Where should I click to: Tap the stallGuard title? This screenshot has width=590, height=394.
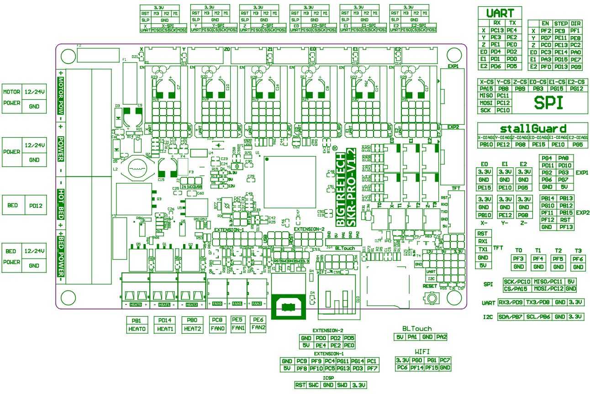[x=532, y=128]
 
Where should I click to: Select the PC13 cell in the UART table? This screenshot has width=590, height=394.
[x=496, y=30]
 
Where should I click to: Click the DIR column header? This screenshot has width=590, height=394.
[x=576, y=23]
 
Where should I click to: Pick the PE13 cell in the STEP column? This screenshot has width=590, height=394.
[x=561, y=45]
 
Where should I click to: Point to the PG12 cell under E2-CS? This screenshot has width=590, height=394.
[x=576, y=89]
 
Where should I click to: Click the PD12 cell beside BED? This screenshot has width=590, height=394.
[x=35, y=206]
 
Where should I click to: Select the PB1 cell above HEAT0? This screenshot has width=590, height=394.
[x=137, y=320]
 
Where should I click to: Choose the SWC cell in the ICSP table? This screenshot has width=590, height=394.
[x=314, y=385]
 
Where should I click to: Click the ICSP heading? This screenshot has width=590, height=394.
[x=329, y=378]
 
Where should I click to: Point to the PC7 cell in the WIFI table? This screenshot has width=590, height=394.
[x=445, y=360]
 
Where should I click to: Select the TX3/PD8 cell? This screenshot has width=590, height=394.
[x=537, y=302]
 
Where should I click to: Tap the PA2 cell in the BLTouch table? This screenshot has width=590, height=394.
[x=441, y=337]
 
